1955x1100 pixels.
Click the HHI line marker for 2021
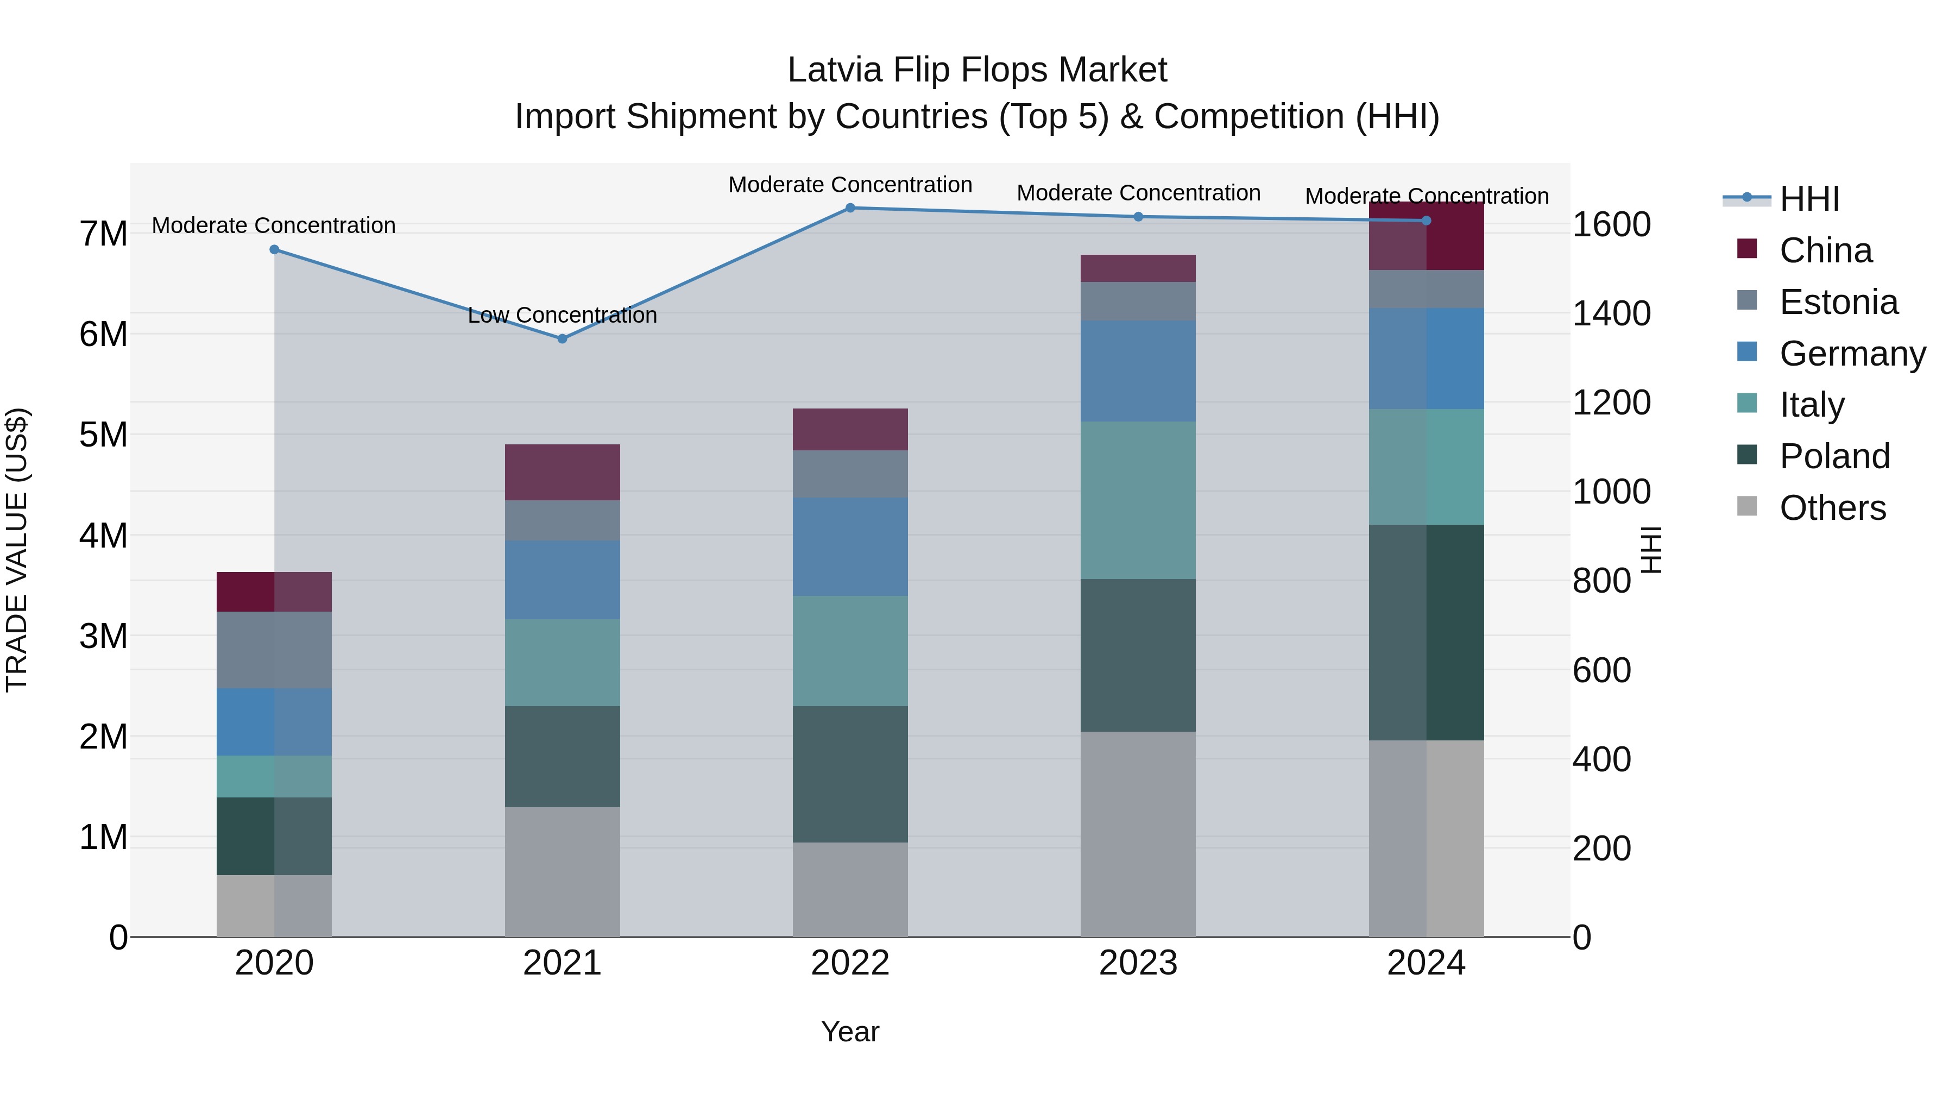[x=563, y=338]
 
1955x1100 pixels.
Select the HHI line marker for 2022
[x=850, y=208]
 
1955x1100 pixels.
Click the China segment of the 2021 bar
[x=563, y=472]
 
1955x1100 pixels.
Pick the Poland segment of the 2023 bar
[x=1138, y=655]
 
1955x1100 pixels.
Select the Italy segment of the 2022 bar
[x=850, y=651]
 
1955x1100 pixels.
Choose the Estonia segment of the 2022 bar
[x=850, y=474]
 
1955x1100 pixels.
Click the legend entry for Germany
[x=1852, y=354]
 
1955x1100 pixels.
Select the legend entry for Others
[x=1832, y=508]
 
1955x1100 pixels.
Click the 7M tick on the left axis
[x=103, y=234]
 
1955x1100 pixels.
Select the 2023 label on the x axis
[x=1138, y=963]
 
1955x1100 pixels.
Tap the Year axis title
[x=850, y=1032]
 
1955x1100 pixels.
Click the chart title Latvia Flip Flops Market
[x=977, y=70]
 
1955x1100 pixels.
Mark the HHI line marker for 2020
[x=275, y=250]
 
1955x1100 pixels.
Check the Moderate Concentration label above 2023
[x=1138, y=193]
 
